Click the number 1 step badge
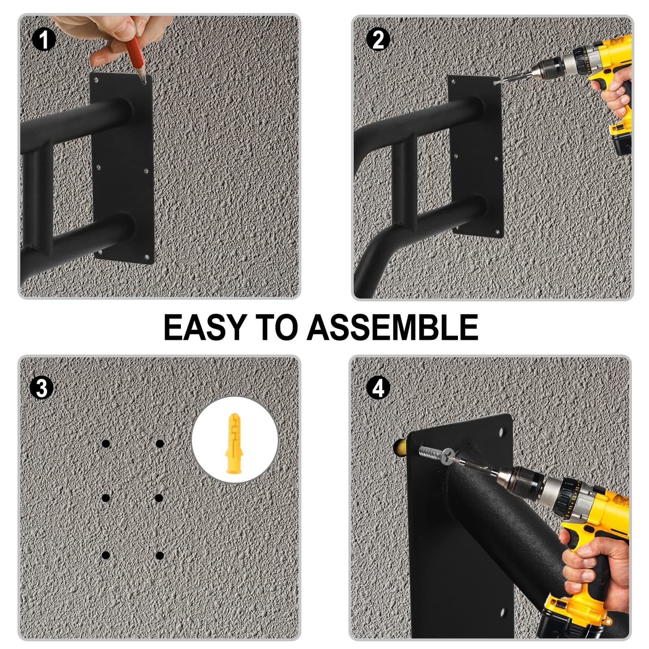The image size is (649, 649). click(43, 40)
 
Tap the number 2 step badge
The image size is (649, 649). click(378, 40)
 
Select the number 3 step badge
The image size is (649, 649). click(42, 388)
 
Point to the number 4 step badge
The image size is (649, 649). click(378, 388)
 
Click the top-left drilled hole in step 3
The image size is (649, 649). click(106, 444)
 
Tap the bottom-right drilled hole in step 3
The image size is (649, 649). click(160, 556)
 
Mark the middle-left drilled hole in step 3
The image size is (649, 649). click(106, 498)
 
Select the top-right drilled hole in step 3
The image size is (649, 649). click(160, 444)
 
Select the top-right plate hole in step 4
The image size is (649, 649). click(503, 431)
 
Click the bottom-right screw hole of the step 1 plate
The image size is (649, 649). click(146, 257)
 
